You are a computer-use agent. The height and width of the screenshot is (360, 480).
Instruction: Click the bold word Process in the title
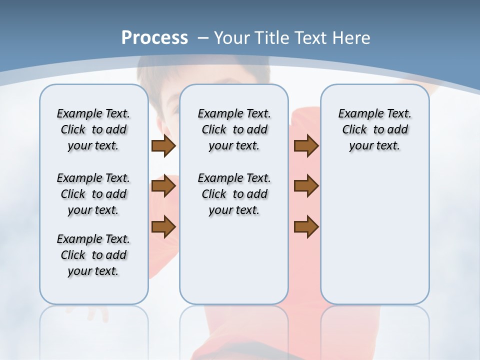pyautogui.click(x=154, y=38)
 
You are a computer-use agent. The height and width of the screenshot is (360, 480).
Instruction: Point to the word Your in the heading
pyautogui.click(x=232, y=38)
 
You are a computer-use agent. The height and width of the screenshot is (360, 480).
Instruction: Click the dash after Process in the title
pyautogui.click(x=203, y=38)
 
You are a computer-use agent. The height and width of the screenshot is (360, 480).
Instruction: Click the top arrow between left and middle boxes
pyautogui.click(x=163, y=146)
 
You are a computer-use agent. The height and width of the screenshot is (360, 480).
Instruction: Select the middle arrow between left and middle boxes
pyautogui.click(x=163, y=186)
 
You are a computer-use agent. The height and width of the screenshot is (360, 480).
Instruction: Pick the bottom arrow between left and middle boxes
pyautogui.click(x=163, y=227)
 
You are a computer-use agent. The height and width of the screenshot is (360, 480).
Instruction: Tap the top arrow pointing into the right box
pyautogui.click(x=306, y=146)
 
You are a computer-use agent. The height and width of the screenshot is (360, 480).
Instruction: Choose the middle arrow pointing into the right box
pyautogui.click(x=306, y=186)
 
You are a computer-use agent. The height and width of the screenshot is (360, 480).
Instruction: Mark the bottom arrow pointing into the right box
pyautogui.click(x=306, y=227)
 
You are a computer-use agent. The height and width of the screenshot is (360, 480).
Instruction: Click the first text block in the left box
pyautogui.click(x=93, y=129)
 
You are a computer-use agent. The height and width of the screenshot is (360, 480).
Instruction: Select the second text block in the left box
pyautogui.click(x=93, y=194)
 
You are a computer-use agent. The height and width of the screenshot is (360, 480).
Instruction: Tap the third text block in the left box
pyautogui.click(x=93, y=255)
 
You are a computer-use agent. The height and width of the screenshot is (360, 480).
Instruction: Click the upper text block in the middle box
pyautogui.click(x=234, y=129)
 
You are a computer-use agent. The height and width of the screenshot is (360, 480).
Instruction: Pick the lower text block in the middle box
pyautogui.click(x=234, y=194)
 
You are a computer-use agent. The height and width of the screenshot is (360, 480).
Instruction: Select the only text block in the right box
pyautogui.click(x=374, y=129)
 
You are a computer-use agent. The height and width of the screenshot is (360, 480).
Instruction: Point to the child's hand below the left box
pyautogui.click(x=98, y=314)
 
